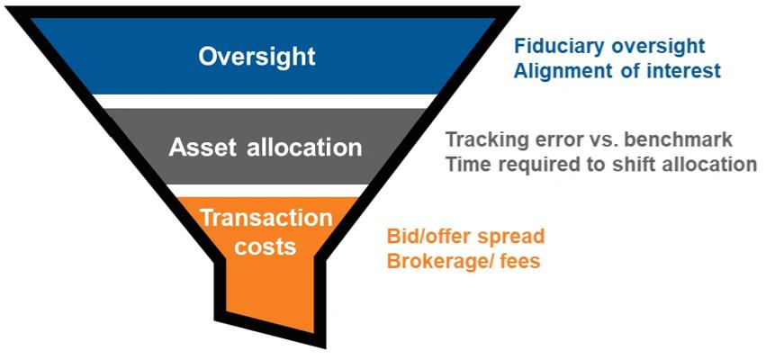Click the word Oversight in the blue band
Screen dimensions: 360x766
pyautogui.click(x=257, y=57)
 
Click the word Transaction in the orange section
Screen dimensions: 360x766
pyautogui.click(x=266, y=218)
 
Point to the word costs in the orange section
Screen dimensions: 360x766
pyautogui.click(x=266, y=246)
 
